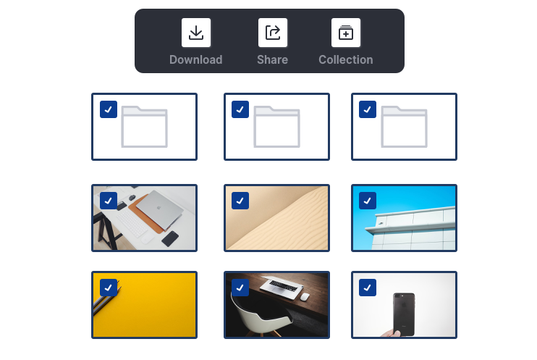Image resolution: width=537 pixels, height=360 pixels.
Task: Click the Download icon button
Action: pos(196,33)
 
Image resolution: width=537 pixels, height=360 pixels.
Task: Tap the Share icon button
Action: pos(273,33)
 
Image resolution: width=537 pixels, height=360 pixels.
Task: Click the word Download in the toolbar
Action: pos(196,59)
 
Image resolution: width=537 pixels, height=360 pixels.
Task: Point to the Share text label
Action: pos(273,59)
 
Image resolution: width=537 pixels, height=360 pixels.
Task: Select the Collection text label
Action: pos(346,59)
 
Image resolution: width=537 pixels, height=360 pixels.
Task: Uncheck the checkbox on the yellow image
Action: pos(109,288)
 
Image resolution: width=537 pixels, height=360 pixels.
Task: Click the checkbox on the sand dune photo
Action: pos(240,201)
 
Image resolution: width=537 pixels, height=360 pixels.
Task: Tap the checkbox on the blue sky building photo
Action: pos(368,201)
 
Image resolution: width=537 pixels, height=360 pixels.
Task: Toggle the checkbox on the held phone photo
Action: pos(368,288)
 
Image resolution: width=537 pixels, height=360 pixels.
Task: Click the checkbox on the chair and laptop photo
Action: pos(240,288)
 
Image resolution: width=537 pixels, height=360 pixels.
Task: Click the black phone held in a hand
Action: pos(404,314)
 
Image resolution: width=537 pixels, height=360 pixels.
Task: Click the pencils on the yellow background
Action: pos(107,299)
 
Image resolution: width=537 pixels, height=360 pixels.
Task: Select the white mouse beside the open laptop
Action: pos(305,296)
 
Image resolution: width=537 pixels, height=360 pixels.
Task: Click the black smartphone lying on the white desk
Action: pos(170,238)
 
